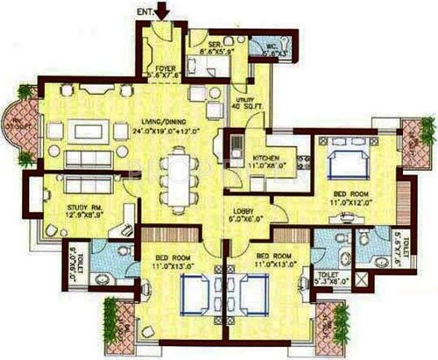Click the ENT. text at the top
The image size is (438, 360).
tap(144, 11)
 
